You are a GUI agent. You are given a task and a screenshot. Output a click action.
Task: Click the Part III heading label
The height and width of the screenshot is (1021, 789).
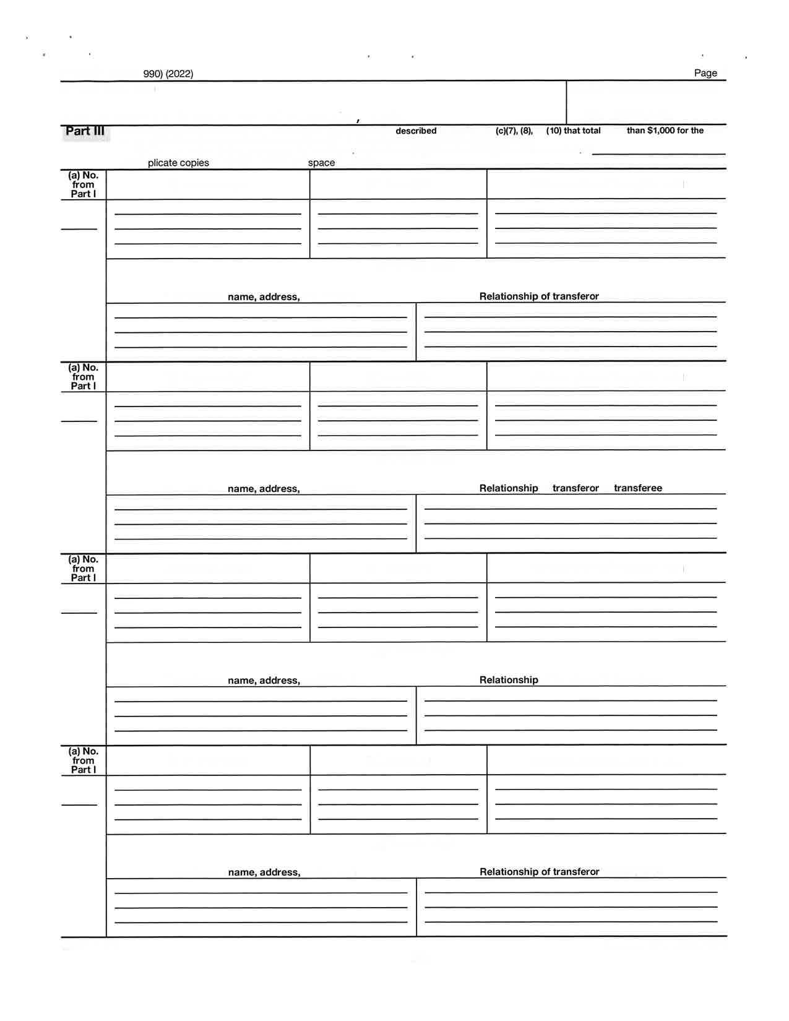coord(85,131)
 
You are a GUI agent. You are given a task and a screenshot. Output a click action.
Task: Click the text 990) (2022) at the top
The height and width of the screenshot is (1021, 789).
coord(168,74)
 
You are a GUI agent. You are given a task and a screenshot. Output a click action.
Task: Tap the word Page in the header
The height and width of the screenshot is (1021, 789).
coord(705,73)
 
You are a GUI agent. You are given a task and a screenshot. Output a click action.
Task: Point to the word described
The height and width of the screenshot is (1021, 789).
coord(416,131)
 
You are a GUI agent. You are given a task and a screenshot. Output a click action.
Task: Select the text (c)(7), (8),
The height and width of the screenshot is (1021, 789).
coord(514,131)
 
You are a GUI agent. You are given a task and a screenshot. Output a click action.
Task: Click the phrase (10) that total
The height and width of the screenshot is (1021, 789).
coord(573,131)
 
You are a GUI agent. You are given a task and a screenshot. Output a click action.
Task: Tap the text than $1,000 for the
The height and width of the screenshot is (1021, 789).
coord(665,131)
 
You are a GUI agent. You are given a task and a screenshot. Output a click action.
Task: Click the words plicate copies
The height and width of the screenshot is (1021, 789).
coord(178,163)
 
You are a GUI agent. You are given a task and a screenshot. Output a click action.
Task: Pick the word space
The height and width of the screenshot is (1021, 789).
coord(321,163)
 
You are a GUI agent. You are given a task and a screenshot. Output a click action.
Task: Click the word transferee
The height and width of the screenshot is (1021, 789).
coord(637,488)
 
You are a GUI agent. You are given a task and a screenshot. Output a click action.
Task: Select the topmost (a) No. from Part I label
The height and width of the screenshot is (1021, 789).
coord(83,184)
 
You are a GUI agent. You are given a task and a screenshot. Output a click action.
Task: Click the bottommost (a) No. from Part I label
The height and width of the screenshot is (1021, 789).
coord(83,760)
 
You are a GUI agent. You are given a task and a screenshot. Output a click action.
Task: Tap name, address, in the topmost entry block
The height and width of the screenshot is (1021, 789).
coord(264,297)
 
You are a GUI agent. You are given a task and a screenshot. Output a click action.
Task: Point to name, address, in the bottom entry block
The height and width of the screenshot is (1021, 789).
coord(264,872)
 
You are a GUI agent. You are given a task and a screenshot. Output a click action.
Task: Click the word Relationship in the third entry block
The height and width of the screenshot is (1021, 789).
coord(509,680)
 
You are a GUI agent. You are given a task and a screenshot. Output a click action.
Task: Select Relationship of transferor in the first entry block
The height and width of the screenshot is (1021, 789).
coord(539,296)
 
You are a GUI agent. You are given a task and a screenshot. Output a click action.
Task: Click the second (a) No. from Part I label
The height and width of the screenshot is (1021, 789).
coord(83,377)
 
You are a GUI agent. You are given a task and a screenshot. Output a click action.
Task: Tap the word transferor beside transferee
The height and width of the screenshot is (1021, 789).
coord(576,488)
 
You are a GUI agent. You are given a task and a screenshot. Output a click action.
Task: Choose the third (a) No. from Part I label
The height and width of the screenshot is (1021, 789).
coord(83,569)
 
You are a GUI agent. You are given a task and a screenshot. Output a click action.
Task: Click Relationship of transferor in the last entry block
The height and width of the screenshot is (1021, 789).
coord(539,872)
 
